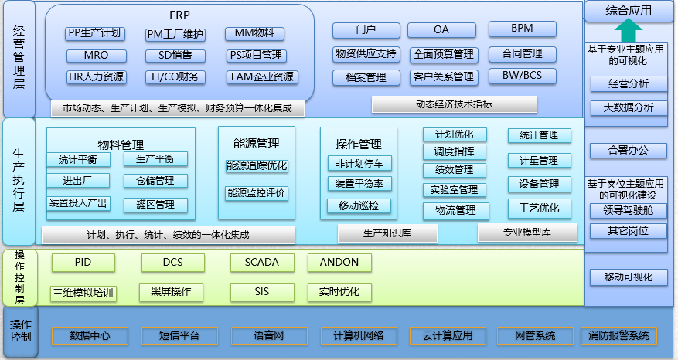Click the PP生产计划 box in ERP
(94, 33)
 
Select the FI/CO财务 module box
(175, 76)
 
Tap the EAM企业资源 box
(261, 76)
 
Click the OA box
(441, 30)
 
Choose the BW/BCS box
(522, 76)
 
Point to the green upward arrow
(630, 32)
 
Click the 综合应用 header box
(629, 11)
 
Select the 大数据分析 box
(628, 107)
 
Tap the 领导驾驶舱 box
(628, 210)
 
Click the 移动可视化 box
(628, 277)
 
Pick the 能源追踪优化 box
(257, 165)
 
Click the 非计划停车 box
(359, 163)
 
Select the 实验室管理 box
(455, 190)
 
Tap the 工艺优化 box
(539, 209)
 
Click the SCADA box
(261, 263)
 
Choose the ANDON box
(339, 263)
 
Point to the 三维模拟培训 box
(83, 293)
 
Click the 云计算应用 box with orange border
(447, 336)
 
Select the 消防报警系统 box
(618, 336)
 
